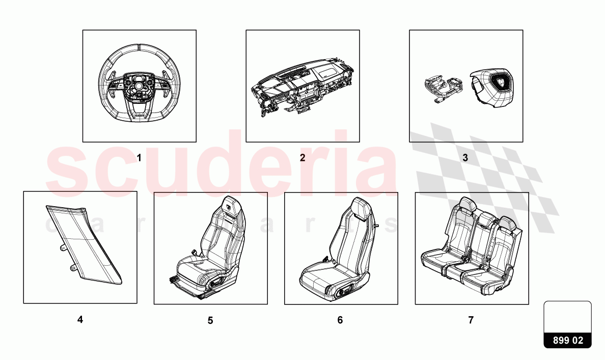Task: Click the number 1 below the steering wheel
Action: point(139,158)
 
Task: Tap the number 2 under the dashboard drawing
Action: point(302,158)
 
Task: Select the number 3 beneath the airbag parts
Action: point(465,158)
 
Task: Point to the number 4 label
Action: point(80,320)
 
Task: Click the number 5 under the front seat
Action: point(210,320)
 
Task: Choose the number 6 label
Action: point(340,320)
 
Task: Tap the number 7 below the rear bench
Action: point(471,320)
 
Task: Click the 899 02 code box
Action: point(568,341)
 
